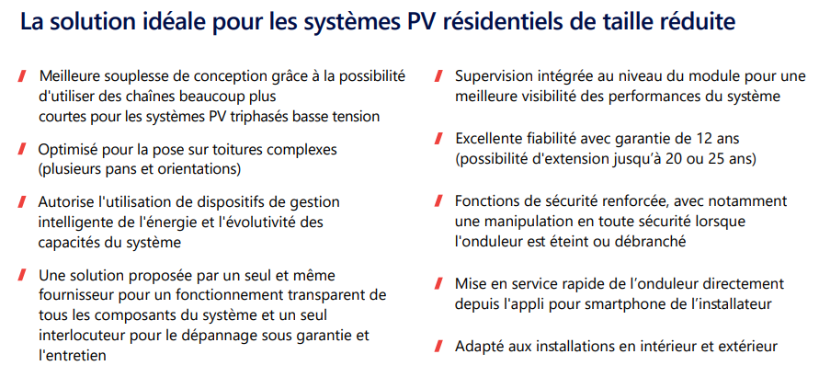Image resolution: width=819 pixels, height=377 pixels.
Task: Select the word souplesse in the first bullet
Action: click(x=133, y=76)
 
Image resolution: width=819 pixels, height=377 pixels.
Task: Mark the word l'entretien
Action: click(x=73, y=355)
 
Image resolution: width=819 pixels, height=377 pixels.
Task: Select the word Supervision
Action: click(x=489, y=76)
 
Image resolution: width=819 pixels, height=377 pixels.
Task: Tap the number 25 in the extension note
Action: click(x=715, y=159)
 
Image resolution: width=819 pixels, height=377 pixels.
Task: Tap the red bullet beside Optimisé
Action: click(x=22, y=149)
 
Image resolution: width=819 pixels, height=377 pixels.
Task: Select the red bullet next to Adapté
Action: click(x=439, y=346)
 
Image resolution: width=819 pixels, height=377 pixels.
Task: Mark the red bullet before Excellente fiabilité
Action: click(x=439, y=140)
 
